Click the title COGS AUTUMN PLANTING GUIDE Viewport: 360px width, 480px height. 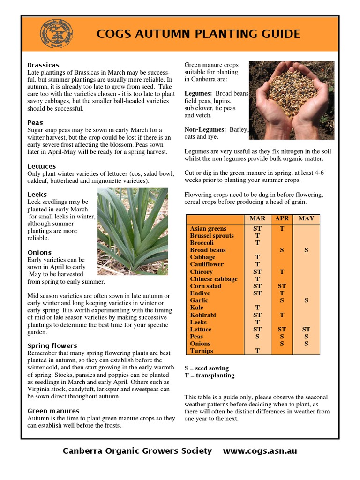[x=198, y=34]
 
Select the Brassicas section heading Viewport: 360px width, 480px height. [x=43, y=65]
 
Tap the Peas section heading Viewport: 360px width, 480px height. [x=35, y=122]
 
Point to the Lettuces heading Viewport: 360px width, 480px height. [x=41, y=166]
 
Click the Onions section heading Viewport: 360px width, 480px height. [x=39, y=252]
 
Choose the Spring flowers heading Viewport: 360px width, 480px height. [x=52, y=345]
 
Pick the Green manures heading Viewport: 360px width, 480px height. [x=53, y=411]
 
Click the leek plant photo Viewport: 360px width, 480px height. [x=133, y=231]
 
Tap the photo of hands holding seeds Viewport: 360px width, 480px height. [x=292, y=100]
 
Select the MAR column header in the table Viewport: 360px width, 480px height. [x=257, y=218]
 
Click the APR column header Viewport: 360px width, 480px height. [x=282, y=218]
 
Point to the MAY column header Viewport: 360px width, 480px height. [x=306, y=218]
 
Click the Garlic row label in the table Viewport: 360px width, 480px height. [x=199, y=300]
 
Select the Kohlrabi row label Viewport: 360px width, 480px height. [x=202, y=315]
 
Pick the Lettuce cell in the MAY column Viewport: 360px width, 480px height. [x=306, y=329]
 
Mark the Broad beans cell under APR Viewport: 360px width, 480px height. [x=282, y=250]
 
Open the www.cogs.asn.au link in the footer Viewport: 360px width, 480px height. [x=260, y=451]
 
